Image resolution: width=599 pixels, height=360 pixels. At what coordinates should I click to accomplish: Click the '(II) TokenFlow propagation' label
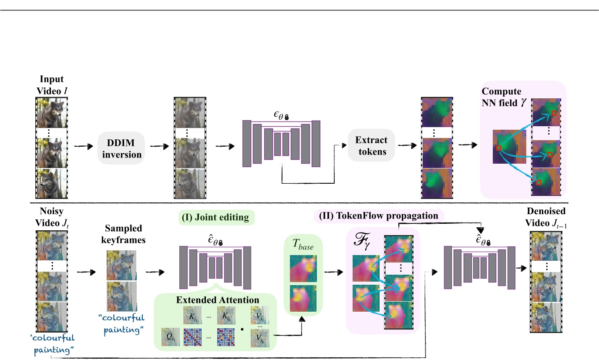point(378,215)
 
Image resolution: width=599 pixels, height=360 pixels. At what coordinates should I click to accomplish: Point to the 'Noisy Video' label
point(52,216)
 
